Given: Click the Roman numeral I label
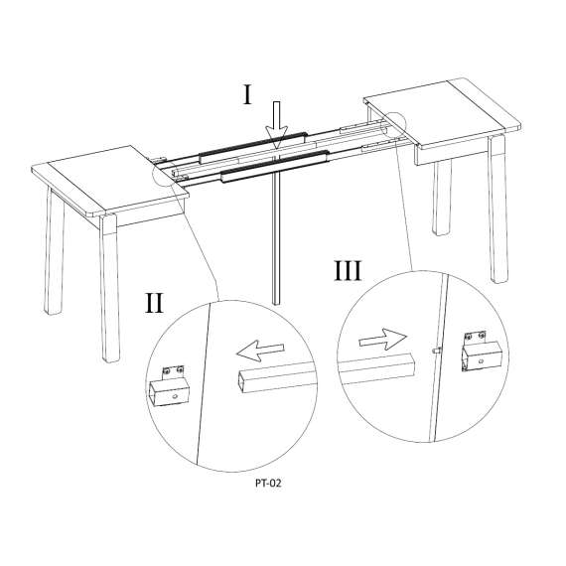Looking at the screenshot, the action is [x=247, y=94].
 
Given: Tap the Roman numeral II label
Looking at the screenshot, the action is [x=154, y=303].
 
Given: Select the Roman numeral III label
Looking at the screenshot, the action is [x=348, y=271].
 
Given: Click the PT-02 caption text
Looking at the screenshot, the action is [x=268, y=483].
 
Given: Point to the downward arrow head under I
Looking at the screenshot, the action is [x=276, y=137].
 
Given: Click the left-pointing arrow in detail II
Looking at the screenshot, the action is [x=260, y=351].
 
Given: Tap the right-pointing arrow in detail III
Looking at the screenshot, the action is [x=382, y=339].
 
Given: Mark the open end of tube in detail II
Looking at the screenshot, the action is [x=244, y=383].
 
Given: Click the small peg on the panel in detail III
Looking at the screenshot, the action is [x=436, y=350].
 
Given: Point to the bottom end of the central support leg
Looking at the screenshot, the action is [x=276, y=303].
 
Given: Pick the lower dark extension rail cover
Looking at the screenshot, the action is [x=276, y=167].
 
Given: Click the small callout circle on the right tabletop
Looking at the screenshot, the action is [x=393, y=125].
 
